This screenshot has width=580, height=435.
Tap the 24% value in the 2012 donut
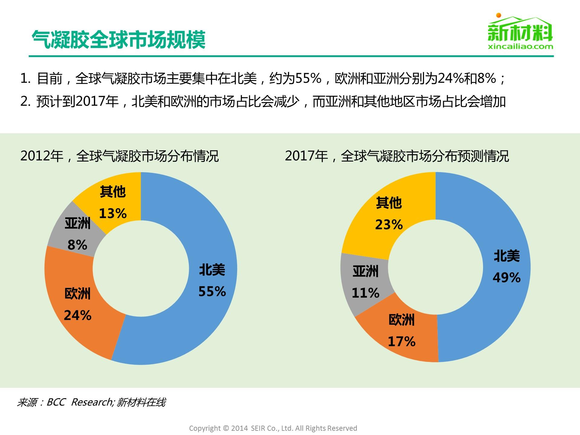(x=78, y=316)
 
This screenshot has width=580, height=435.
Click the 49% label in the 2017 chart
(x=507, y=278)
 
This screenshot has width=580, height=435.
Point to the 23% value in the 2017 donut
(x=389, y=225)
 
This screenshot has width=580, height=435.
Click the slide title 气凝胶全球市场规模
(x=119, y=40)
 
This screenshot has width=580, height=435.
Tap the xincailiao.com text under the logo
(x=520, y=47)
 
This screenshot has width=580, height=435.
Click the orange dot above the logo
(x=499, y=15)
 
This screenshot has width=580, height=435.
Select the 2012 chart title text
(x=119, y=156)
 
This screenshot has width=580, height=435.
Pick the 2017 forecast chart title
(x=397, y=156)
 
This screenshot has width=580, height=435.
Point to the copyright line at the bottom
(x=273, y=428)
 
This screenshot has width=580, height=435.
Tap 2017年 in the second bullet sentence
(x=97, y=101)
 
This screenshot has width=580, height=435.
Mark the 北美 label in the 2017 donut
(x=507, y=256)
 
